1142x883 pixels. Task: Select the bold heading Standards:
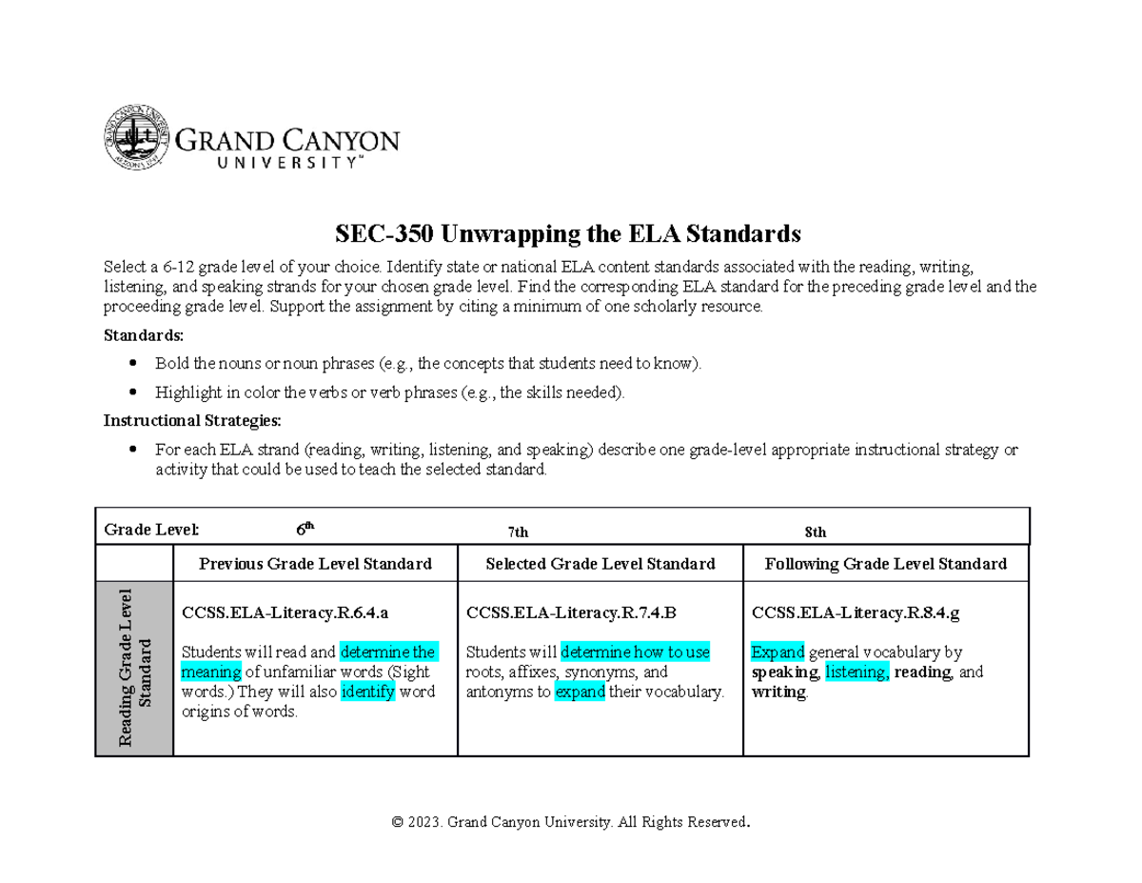tap(143, 336)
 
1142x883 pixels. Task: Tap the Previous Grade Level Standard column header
tap(315, 564)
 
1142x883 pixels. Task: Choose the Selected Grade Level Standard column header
tap(601, 564)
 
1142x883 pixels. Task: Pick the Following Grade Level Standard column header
tap(886, 564)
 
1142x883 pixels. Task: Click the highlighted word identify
tap(367, 692)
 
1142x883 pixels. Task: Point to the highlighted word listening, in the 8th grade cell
tap(857, 672)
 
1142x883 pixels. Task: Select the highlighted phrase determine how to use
tap(635, 652)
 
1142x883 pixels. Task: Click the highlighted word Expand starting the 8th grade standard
tap(778, 652)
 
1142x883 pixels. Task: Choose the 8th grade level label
tap(816, 533)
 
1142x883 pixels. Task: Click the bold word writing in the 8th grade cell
tap(778, 692)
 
